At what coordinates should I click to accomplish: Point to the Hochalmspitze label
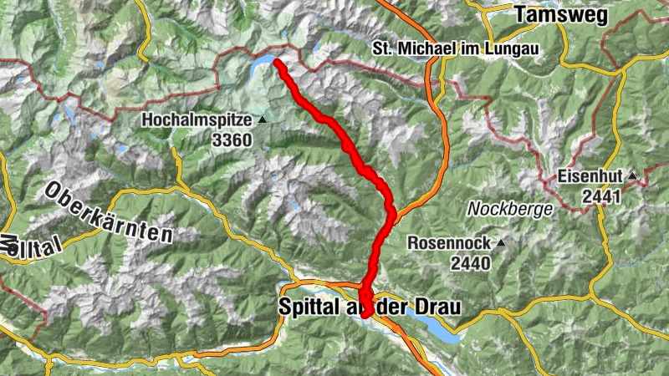[x=197, y=120]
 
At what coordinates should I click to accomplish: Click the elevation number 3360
[x=231, y=140]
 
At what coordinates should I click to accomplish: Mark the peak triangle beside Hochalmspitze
[x=263, y=120]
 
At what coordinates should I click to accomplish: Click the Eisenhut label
[x=589, y=177]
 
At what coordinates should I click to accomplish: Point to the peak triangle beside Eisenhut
[x=633, y=176]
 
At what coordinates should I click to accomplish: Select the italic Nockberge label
[x=510, y=209]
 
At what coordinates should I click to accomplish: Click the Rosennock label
[x=449, y=243]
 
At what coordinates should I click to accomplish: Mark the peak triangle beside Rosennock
[x=500, y=243]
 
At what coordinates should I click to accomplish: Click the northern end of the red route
[x=277, y=63]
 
